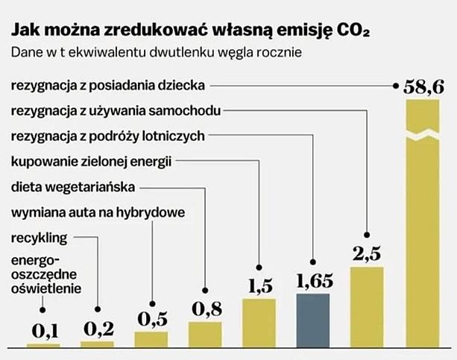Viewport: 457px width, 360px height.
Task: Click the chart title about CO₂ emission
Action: (189, 31)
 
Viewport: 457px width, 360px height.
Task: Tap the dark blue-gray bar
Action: (313, 320)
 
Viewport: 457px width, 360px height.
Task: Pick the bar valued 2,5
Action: (367, 306)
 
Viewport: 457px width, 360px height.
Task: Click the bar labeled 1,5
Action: (259, 322)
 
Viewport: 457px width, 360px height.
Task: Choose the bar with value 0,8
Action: (205, 333)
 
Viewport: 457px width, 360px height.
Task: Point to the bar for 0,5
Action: (151, 338)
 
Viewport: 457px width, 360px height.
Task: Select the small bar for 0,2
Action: (98, 344)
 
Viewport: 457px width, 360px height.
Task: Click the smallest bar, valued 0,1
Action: (43, 345)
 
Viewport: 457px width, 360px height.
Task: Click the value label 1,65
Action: (314, 282)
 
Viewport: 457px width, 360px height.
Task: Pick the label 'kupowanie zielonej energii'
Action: (91, 161)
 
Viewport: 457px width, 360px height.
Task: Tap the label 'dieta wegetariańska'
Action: (73, 186)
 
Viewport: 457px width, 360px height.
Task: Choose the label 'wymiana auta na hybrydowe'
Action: (98, 212)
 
